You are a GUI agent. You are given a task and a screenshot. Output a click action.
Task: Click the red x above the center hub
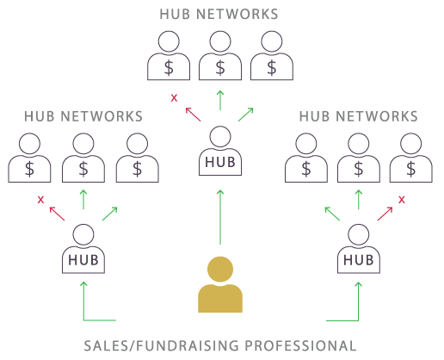click(174, 98)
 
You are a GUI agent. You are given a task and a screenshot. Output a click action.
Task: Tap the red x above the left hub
click(40, 200)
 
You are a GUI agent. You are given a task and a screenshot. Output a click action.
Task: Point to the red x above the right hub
click(402, 200)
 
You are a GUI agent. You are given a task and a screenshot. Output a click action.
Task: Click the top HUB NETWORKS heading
click(219, 14)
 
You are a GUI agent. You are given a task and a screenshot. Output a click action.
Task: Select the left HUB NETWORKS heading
click(83, 116)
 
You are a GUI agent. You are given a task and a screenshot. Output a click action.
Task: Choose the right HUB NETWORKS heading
click(359, 116)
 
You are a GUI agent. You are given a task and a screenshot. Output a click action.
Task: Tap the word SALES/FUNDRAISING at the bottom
click(162, 345)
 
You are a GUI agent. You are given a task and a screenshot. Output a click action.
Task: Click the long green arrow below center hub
click(220, 217)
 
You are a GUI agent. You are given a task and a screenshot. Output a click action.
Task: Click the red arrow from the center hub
click(193, 115)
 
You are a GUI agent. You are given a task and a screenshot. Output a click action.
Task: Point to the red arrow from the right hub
click(385, 214)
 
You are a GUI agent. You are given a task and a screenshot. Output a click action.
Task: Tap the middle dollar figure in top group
click(220, 55)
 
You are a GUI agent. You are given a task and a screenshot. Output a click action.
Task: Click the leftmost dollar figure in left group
click(29, 158)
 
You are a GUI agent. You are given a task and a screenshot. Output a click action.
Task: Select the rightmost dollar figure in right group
click(411, 158)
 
